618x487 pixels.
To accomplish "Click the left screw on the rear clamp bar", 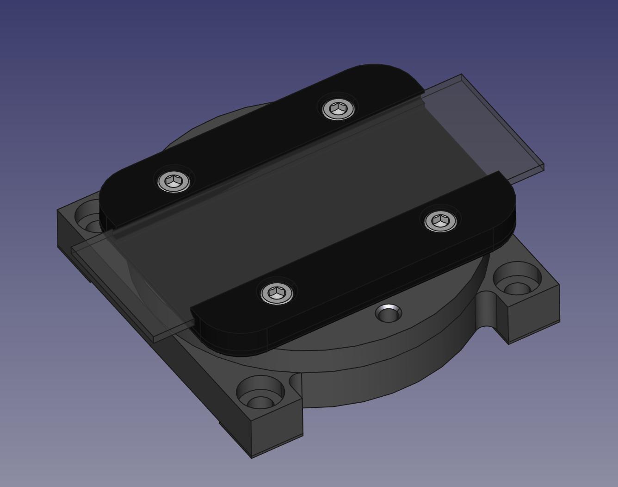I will point(174,181).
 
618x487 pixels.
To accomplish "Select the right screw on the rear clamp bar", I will point(339,109).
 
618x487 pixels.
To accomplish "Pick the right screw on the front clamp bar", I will point(441,221).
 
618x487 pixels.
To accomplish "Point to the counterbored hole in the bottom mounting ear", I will point(260,393).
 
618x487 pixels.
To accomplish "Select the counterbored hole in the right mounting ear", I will point(517,281).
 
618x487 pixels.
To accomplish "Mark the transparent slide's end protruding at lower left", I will point(120,278).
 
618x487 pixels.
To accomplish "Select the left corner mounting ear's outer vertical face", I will point(65,231).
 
